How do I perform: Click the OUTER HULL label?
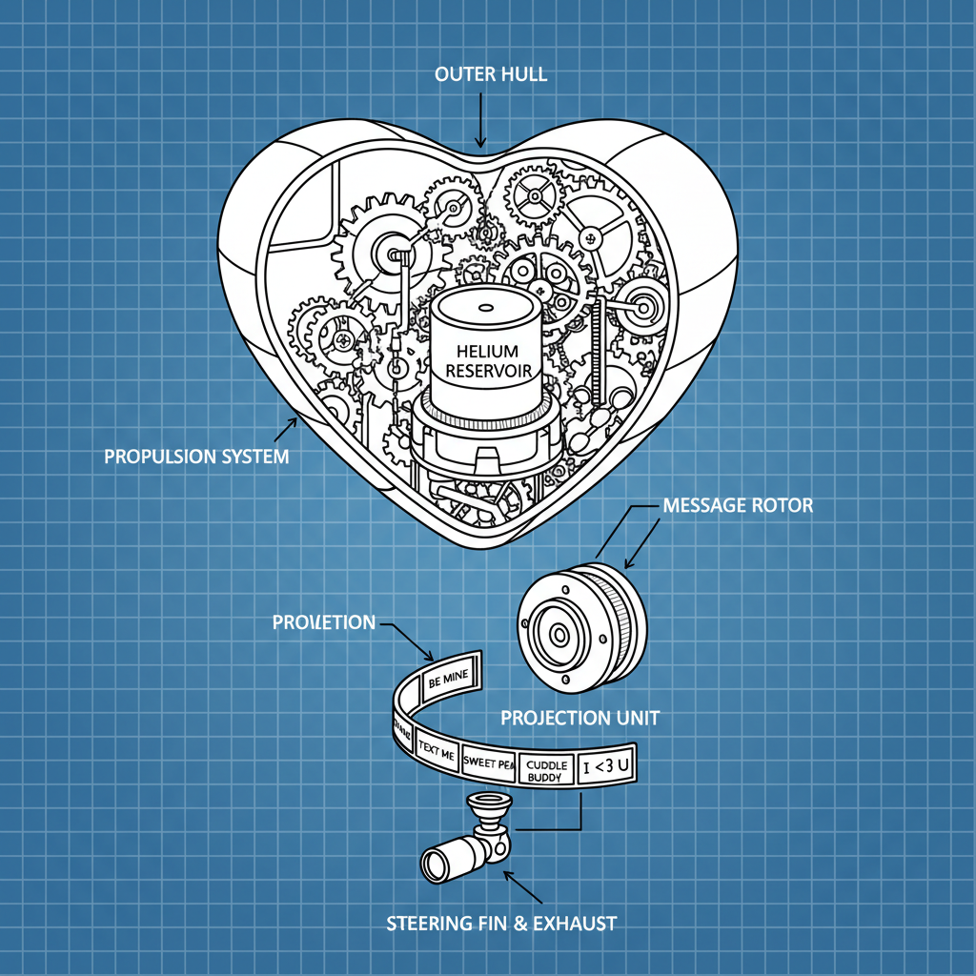(490, 74)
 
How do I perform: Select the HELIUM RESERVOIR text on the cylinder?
(484, 360)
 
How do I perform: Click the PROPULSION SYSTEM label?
(196, 457)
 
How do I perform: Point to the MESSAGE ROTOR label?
(738, 505)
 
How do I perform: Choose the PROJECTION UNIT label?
(579, 717)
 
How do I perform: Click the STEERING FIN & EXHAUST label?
(501, 923)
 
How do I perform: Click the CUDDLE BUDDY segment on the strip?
(547, 770)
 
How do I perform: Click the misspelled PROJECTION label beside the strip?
(324, 622)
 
